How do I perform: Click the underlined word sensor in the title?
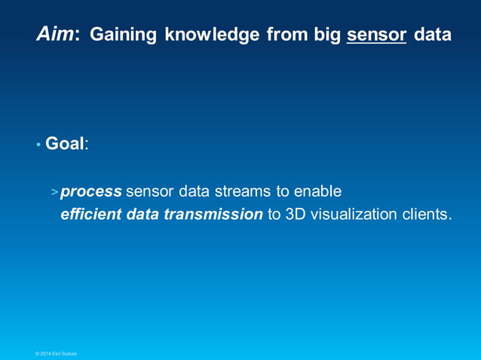pos(376,35)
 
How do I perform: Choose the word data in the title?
pos(433,35)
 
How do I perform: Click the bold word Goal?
pos(64,143)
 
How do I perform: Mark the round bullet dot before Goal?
pos(38,145)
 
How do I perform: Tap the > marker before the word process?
pos(54,192)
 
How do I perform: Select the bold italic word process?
pos(91,191)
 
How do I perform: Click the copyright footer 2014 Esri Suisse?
pos(56,353)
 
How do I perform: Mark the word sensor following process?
pos(149,191)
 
